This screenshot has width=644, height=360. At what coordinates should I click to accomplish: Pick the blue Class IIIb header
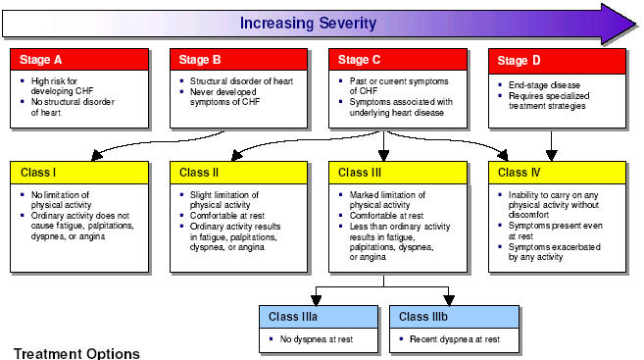click(x=448, y=317)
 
